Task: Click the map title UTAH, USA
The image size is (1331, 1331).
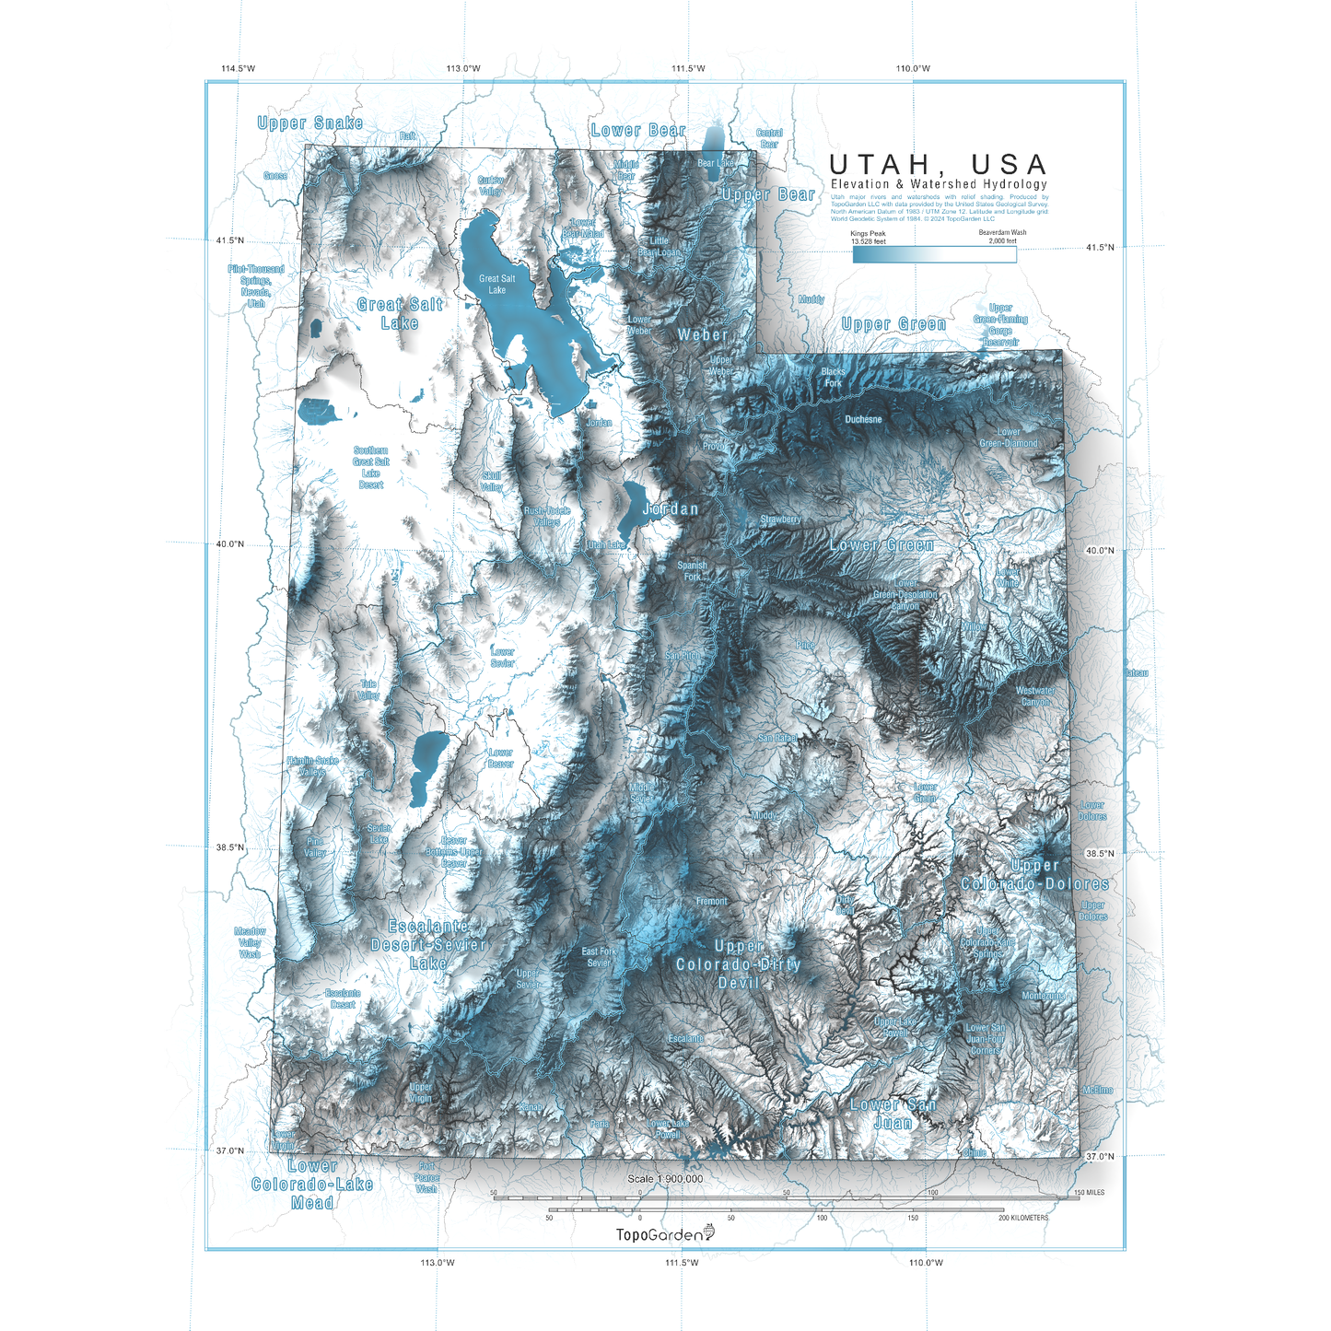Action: [939, 165]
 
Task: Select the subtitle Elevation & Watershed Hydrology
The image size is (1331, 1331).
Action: [939, 184]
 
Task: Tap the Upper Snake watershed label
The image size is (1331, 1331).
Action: [309, 123]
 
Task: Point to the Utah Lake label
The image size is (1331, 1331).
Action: [606, 545]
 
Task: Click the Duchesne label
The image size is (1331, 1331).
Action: [863, 420]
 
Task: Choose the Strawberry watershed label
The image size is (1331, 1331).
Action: [780, 520]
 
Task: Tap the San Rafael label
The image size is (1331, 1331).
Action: [776, 738]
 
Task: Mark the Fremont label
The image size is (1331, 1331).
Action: [711, 902]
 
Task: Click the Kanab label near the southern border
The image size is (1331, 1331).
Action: [531, 1107]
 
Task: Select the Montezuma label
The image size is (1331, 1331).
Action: [1044, 996]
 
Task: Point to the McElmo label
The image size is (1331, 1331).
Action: [1098, 1091]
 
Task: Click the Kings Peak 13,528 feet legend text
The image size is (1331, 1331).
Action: [869, 238]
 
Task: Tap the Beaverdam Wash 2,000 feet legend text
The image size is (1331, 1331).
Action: [1002, 237]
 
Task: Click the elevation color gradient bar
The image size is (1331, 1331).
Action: [934, 255]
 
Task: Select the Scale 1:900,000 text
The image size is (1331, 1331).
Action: [665, 1179]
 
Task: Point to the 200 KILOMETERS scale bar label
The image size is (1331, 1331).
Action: [1022, 1218]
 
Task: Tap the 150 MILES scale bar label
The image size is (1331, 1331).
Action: [1089, 1193]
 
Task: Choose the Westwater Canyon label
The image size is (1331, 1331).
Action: [1035, 696]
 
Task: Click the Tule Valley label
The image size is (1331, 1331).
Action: [368, 690]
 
